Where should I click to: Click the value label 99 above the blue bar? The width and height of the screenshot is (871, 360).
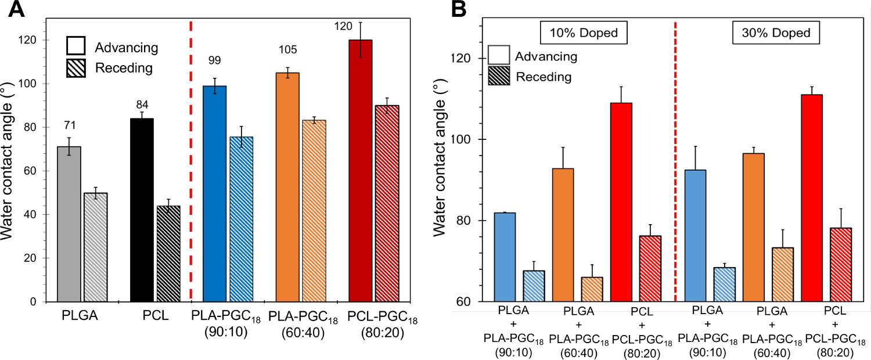tap(214, 60)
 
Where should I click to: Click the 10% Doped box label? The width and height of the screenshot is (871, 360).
tap(584, 34)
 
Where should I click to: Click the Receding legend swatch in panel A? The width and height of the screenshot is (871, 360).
tap(77, 68)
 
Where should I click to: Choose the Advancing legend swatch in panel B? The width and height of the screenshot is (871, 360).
tap(499, 57)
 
